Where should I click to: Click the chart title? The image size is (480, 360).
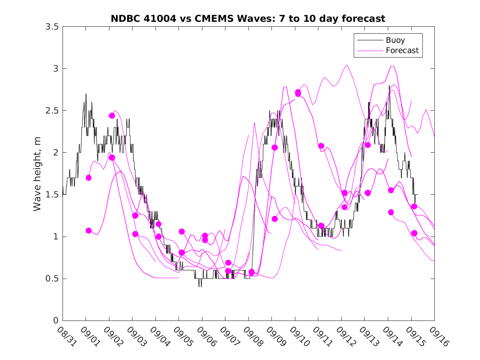[248, 19]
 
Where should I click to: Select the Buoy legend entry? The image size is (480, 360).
[395, 40]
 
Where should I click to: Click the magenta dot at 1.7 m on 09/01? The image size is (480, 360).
[88, 178]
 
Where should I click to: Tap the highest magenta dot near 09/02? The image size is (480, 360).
[112, 116]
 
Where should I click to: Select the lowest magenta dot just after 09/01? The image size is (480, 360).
[88, 230]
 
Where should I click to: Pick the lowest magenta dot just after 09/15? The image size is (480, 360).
[414, 233]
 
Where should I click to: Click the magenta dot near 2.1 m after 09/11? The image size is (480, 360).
[321, 146]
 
